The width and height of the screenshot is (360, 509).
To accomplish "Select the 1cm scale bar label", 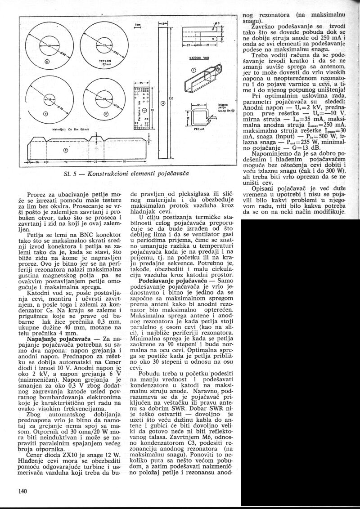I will [138, 25].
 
